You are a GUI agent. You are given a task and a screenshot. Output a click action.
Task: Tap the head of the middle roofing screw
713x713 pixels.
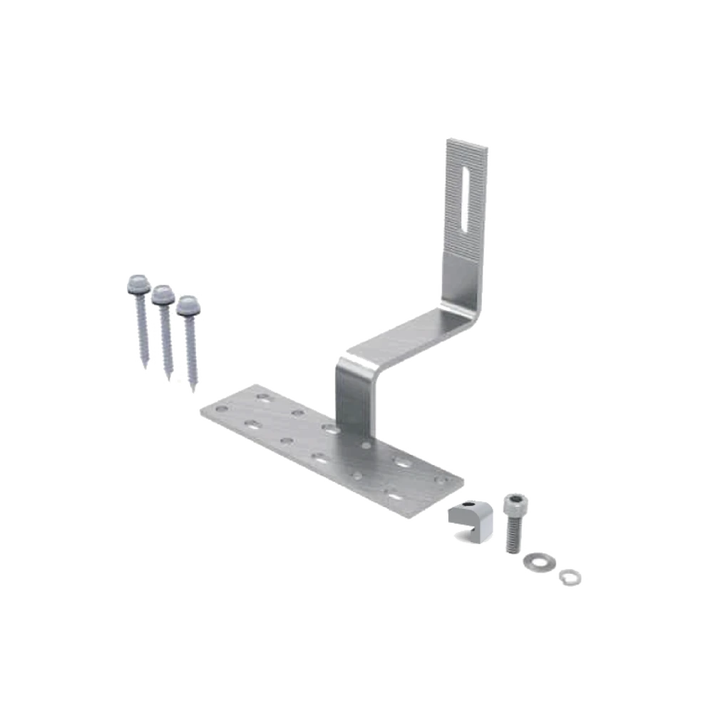160,292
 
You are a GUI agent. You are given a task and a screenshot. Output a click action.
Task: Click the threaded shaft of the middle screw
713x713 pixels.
166,339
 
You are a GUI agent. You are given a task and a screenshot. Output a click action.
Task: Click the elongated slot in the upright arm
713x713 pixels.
464,199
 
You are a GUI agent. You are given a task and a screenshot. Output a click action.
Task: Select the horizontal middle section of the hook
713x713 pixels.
406,335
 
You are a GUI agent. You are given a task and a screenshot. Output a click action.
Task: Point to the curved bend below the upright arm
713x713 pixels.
467,303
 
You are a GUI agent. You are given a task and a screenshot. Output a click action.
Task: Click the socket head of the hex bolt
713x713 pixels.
515,506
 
